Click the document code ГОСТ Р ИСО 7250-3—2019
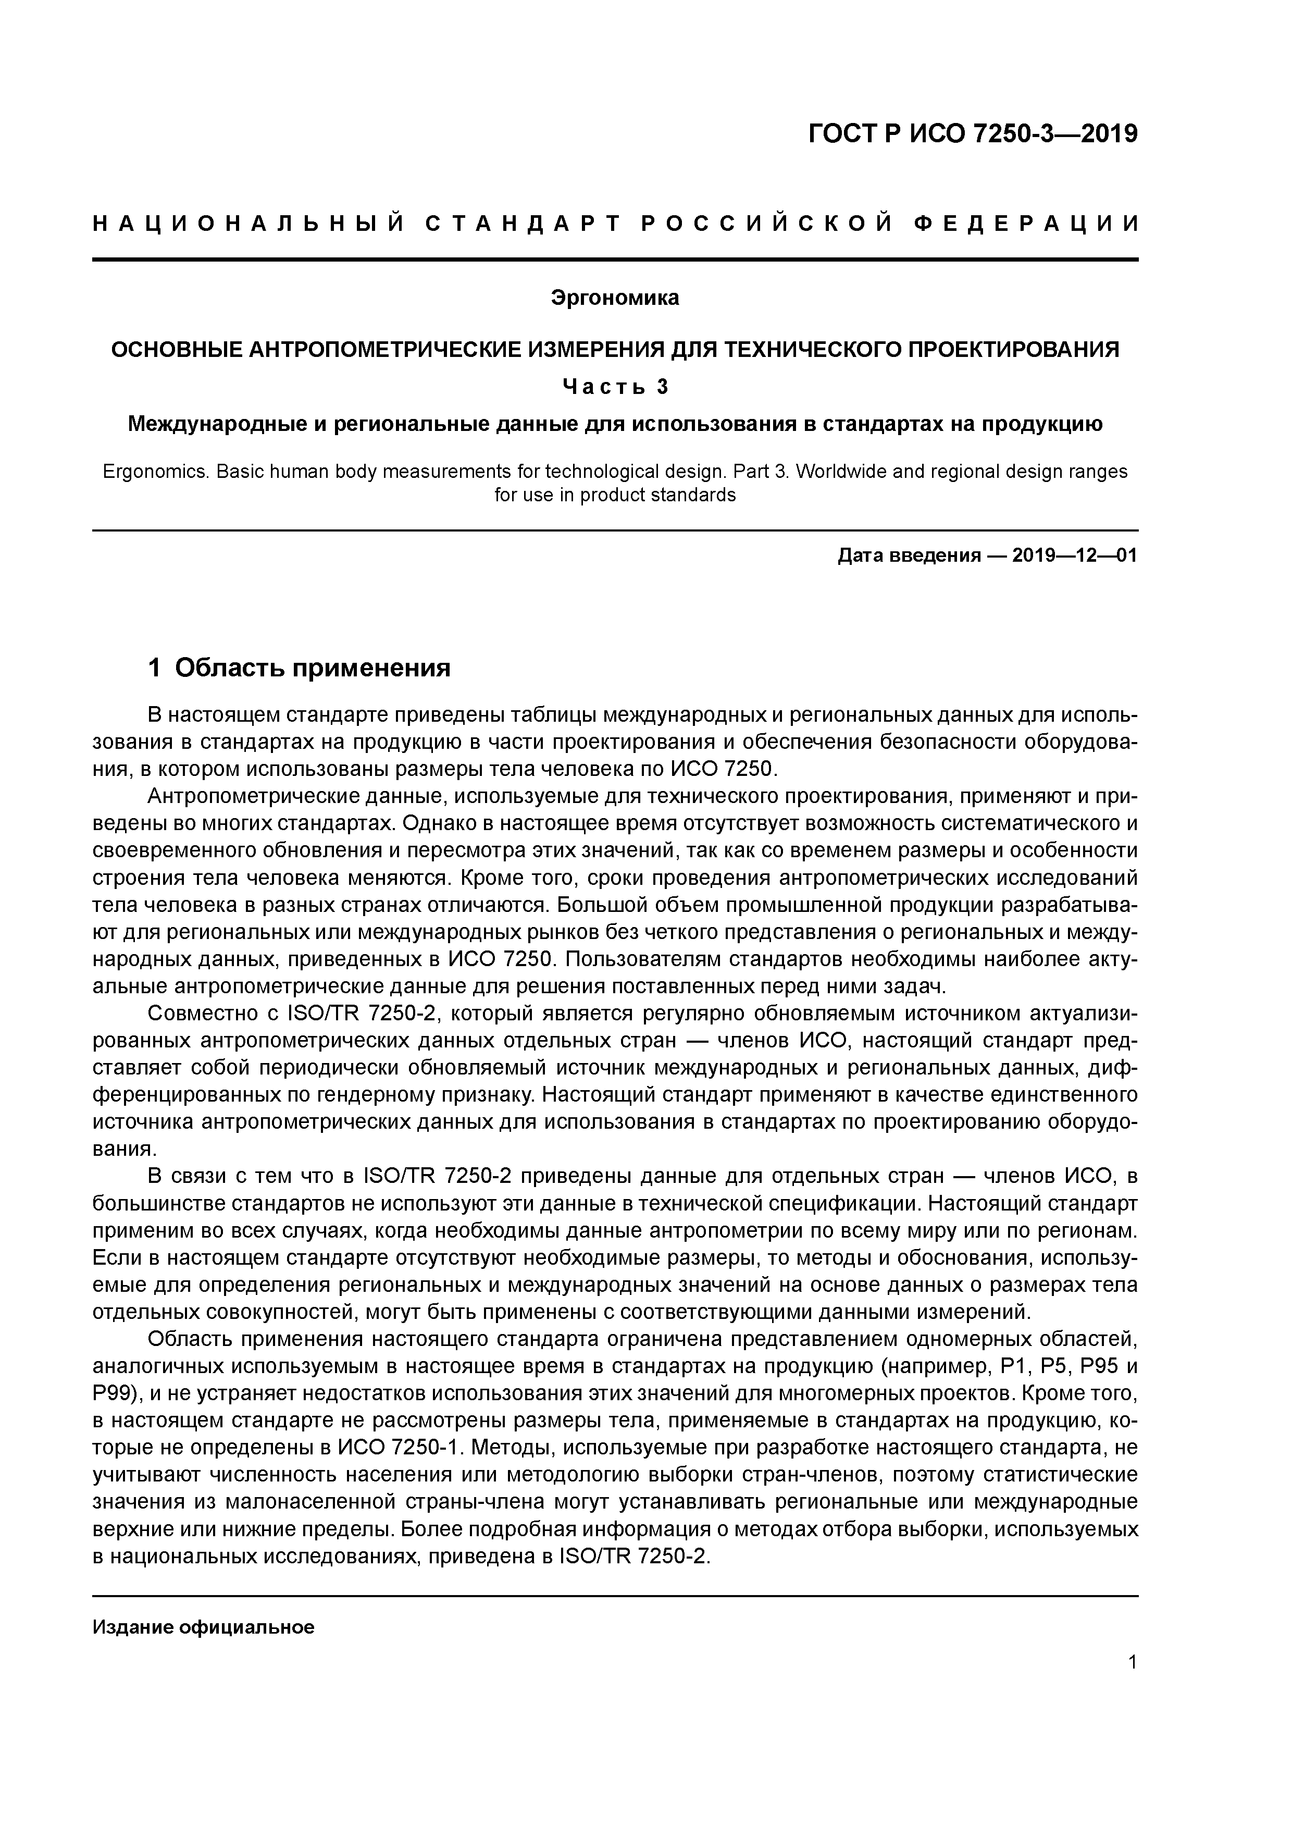click(973, 134)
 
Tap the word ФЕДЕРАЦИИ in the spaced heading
click(1025, 225)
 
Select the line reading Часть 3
click(615, 386)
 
